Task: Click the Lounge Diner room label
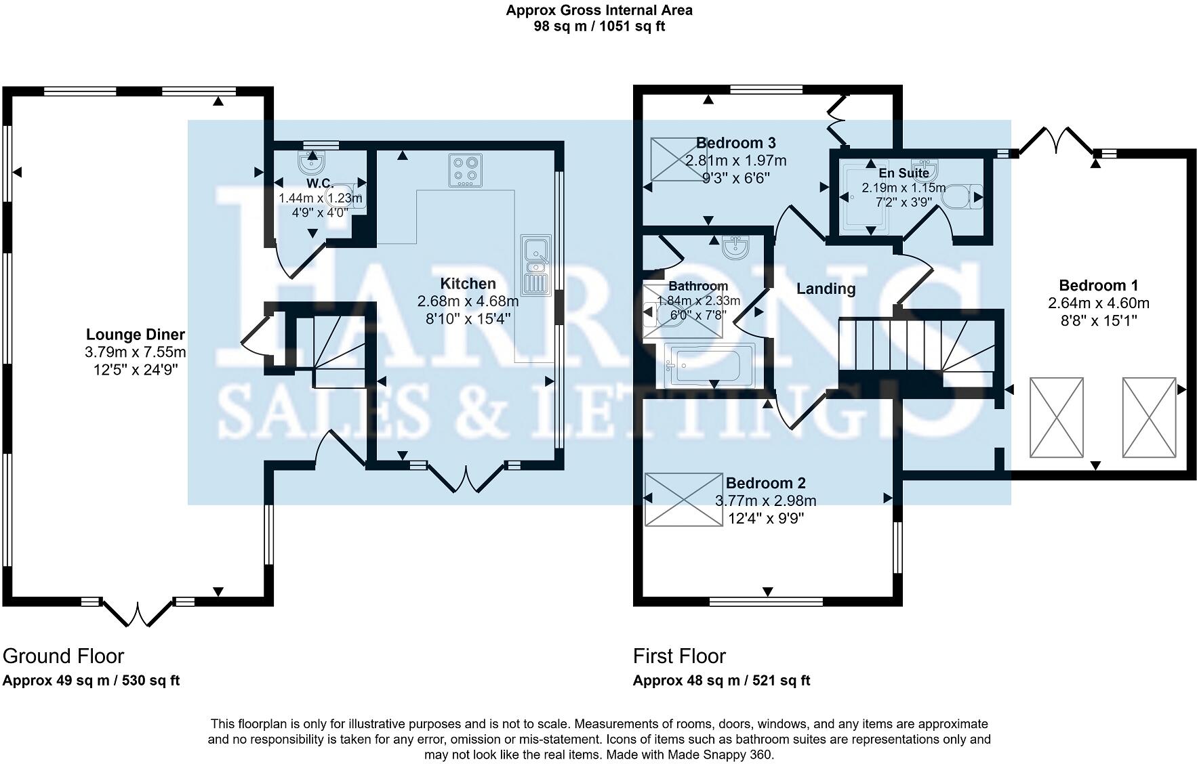[135, 334]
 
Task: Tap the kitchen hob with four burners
[466, 171]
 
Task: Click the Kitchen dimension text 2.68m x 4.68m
[468, 301]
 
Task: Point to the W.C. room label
[319, 184]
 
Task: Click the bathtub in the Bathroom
[710, 366]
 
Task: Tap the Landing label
[826, 289]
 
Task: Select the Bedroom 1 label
[1098, 285]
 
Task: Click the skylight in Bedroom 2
[684, 499]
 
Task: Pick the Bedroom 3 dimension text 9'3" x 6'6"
[736, 178]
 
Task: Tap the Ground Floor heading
[63, 656]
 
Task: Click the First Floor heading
[678, 656]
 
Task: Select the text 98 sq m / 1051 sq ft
[599, 26]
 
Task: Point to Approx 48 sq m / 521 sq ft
[721, 681]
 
